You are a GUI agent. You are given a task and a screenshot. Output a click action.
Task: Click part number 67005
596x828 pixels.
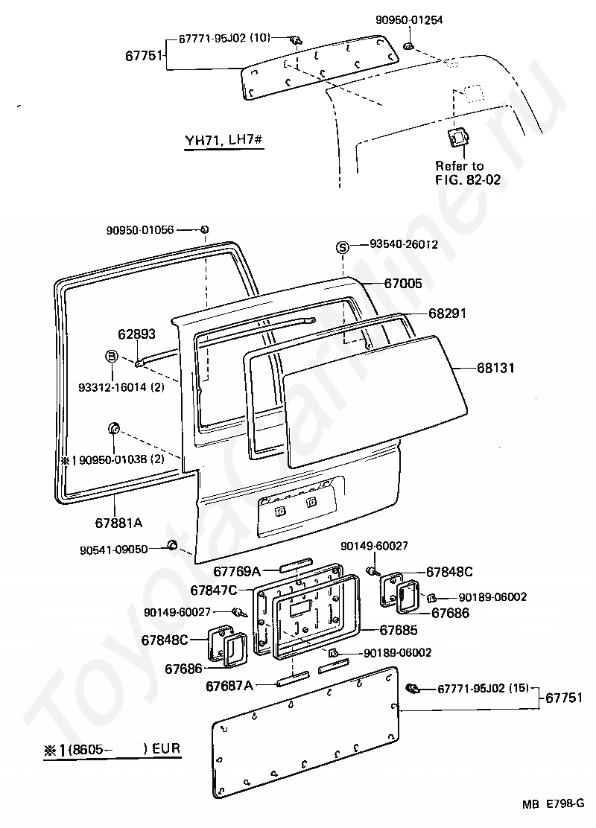[x=403, y=284]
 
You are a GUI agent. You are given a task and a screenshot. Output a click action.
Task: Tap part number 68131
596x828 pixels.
[x=496, y=368]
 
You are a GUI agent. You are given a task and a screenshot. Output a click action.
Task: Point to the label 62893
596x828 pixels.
[x=136, y=334]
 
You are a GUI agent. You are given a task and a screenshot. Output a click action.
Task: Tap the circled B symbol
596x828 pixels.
[x=111, y=357]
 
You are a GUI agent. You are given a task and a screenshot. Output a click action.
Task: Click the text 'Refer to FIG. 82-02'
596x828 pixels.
[x=459, y=172]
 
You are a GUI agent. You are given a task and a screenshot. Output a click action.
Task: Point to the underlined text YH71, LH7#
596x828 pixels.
[x=222, y=141]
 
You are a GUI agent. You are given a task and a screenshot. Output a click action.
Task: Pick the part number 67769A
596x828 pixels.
[x=236, y=571]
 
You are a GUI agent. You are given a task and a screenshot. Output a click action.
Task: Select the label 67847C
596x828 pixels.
[x=214, y=590]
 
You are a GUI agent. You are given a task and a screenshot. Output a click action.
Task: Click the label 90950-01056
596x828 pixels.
[x=140, y=230]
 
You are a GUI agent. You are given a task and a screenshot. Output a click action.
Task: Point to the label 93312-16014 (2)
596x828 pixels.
[x=121, y=387]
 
